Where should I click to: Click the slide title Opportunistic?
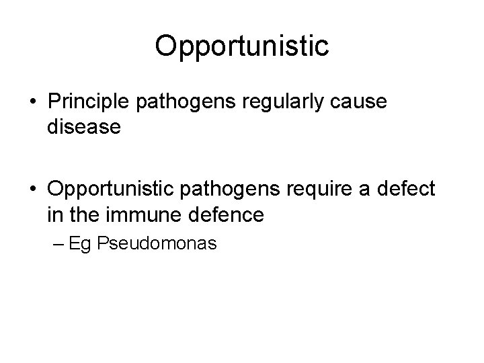(241, 46)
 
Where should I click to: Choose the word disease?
(84, 127)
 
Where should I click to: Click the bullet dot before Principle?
(33, 102)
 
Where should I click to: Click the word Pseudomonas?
(157, 243)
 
